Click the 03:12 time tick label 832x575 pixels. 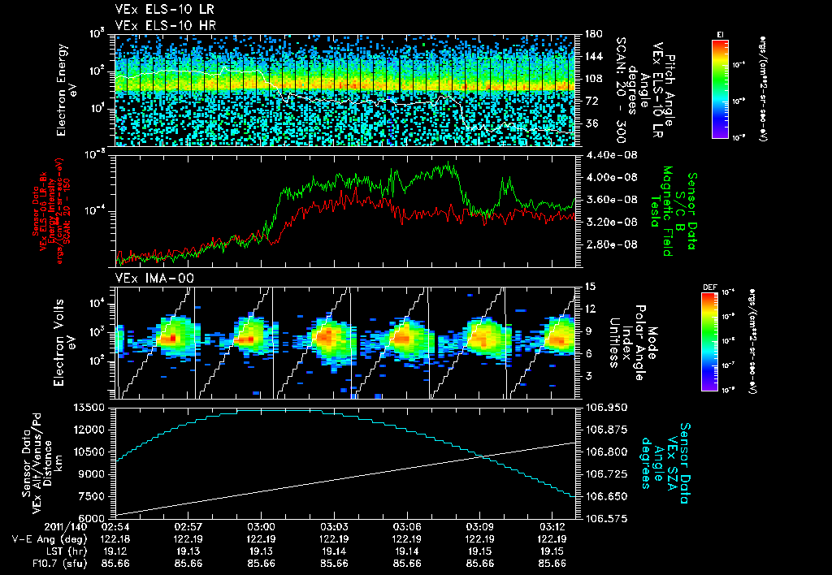point(552,526)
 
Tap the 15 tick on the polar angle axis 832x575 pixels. point(589,287)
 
